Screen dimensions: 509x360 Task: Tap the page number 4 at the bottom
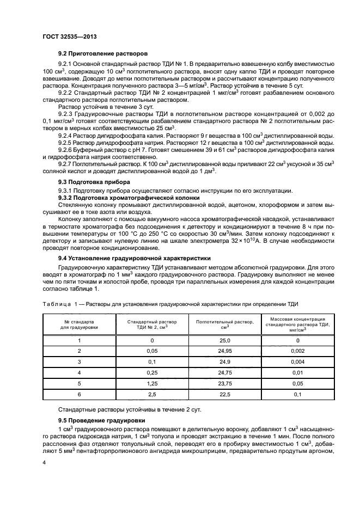coord(44,462)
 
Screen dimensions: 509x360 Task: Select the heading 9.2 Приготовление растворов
coord(103,54)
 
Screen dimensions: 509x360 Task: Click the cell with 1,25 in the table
coord(147,383)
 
